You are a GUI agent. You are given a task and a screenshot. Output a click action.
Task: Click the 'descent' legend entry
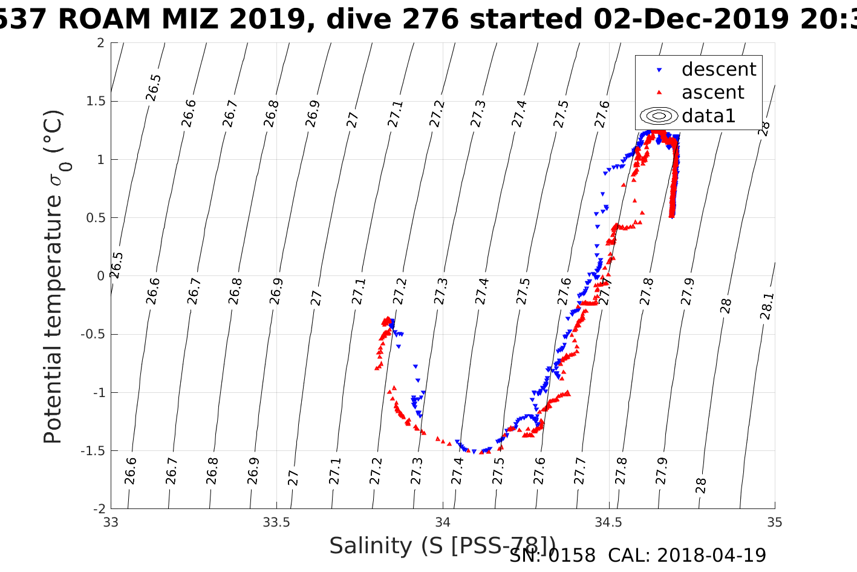[x=719, y=70]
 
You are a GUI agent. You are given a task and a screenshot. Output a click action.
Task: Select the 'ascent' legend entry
[x=713, y=93]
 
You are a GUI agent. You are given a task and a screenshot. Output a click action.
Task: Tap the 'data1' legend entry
[x=708, y=116]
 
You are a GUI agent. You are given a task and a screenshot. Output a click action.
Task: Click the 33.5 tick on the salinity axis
[x=276, y=522]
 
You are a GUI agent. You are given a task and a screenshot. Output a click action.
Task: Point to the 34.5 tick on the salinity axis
[x=608, y=522]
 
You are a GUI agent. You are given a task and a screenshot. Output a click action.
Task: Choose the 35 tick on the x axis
[x=774, y=522]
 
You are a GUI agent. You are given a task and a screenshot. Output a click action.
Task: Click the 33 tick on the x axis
[x=111, y=522]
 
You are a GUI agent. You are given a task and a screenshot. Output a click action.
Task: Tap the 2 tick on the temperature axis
[x=100, y=43]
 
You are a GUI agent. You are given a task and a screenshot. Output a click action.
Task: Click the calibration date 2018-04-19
[x=711, y=555]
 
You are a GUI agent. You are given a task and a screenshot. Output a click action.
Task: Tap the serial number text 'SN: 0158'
[x=552, y=555]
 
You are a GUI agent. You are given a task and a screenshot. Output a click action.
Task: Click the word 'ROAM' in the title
[x=105, y=19]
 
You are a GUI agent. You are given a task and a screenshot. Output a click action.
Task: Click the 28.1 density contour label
[x=766, y=306]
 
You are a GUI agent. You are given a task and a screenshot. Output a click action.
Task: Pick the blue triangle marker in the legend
[x=659, y=70]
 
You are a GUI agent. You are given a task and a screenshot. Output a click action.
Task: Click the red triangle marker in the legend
[x=659, y=93]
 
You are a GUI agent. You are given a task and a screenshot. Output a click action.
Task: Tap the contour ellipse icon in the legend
[x=659, y=116]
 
